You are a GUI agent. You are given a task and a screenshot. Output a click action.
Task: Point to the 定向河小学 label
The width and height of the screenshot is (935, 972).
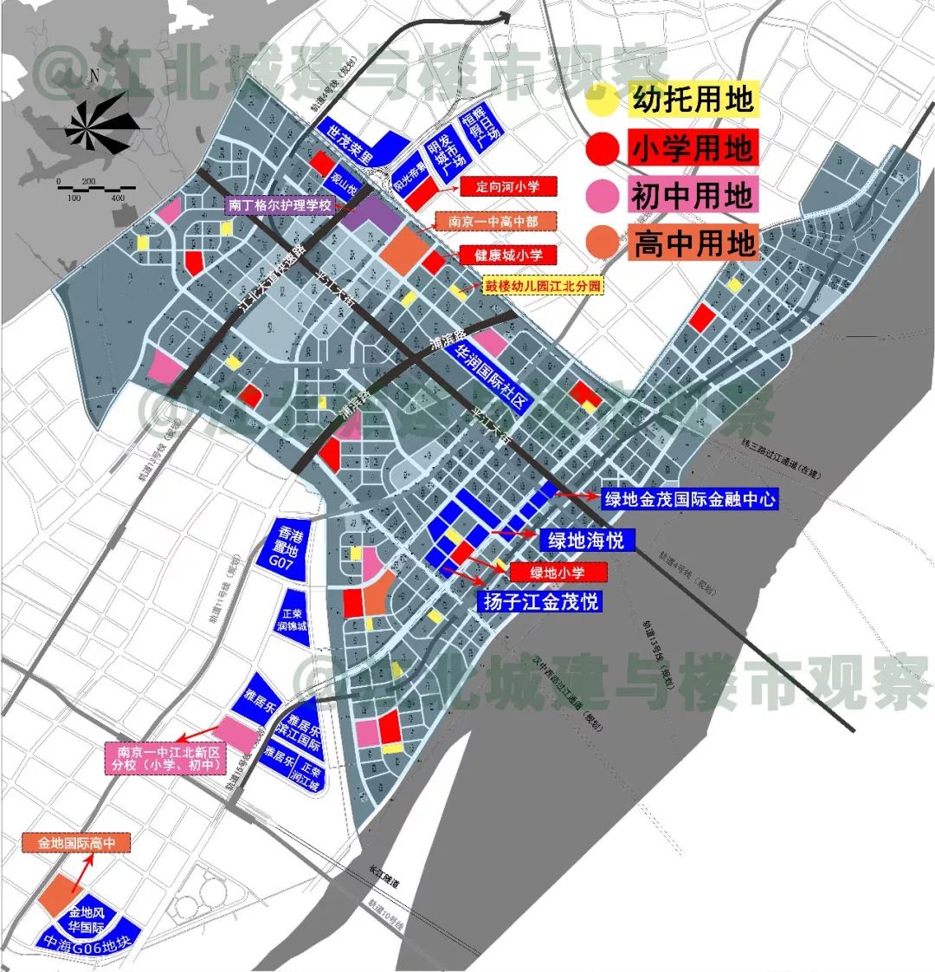pyautogui.click(x=508, y=187)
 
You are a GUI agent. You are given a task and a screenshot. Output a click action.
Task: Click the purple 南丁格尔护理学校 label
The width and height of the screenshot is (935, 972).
pyautogui.click(x=280, y=206)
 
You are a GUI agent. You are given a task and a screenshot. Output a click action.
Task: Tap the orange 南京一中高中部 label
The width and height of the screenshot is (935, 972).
pyautogui.click(x=493, y=223)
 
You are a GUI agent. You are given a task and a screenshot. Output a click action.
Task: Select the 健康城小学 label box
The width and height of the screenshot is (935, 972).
pyautogui.click(x=508, y=256)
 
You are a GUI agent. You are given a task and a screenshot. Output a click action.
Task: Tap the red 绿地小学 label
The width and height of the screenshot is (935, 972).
pyautogui.click(x=558, y=573)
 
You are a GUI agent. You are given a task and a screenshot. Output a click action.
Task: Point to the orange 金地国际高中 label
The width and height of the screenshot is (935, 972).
pyautogui.click(x=76, y=841)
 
